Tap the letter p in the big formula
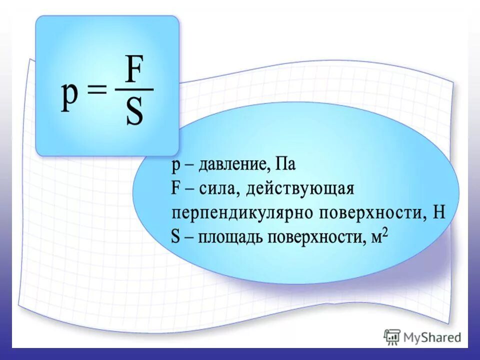click(70, 96)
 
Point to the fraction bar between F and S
click(134, 90)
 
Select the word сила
click(215, 190)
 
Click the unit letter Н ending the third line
click(439, 212)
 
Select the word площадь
click(230, 237)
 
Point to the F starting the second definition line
click(175, 189)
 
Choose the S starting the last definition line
click(175, 236)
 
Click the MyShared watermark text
click(432, 338)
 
